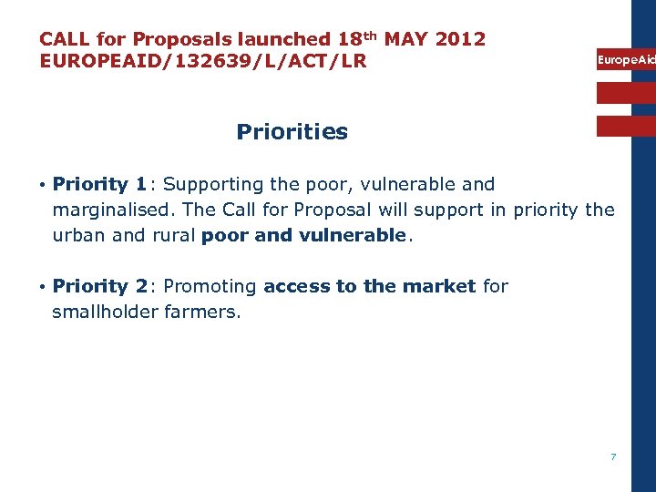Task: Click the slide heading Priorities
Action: click(292, 132)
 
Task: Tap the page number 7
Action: click(613, 456)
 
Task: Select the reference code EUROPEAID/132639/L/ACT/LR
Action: click(202, 62)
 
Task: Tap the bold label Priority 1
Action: click(100, 185)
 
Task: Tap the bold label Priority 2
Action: click(100, 287)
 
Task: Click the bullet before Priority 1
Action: click(43, 185)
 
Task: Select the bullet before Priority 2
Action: click(43, 287)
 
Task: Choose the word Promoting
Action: click(210, 287)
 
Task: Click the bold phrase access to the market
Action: click(369, 287)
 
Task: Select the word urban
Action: click(77, 236)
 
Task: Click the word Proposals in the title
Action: click(182, 39)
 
